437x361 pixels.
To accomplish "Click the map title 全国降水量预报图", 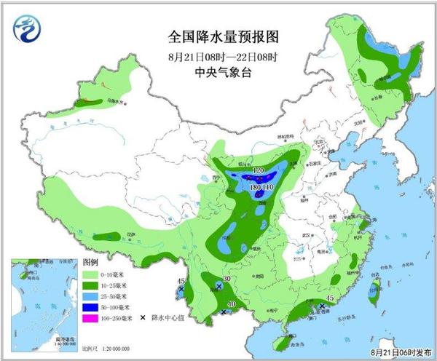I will pos(224,36).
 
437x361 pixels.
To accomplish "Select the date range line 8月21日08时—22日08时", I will pos(224,55).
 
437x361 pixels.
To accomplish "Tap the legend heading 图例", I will pos(90,262).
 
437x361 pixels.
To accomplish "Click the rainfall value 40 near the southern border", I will pos(231,305).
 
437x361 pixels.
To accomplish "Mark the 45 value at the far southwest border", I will pos(181,282).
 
